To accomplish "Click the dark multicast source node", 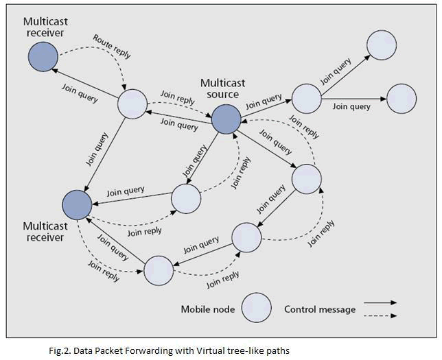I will coord(226,120).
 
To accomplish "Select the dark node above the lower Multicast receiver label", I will coord(77,204).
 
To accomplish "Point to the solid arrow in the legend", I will coord(381,302).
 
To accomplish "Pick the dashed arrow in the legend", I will coord(381,316).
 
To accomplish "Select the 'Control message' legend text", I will coord(320,309).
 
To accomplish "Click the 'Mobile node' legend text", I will coord(207,309).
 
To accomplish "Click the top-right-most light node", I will coord(381,45).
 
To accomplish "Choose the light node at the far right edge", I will coord(402,99).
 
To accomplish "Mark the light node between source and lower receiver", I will coord(186,198).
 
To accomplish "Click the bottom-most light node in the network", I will coord(159,269).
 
